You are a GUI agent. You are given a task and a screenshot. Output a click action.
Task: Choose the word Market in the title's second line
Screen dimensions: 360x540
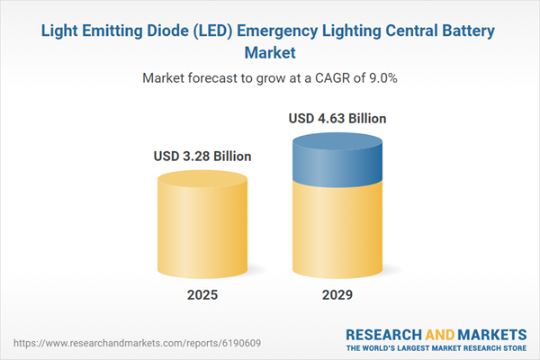(x=270, y=52)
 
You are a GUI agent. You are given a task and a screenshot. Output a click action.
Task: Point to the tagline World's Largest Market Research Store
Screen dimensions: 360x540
(x=441, y=347)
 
